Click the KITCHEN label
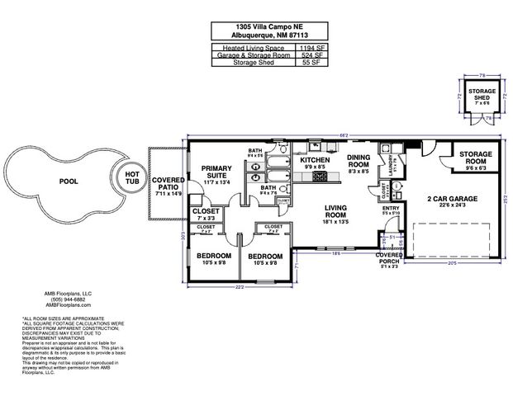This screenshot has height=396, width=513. (315, 159)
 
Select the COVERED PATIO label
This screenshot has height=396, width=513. (168, 183)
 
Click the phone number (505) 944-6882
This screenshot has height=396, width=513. (69, 298)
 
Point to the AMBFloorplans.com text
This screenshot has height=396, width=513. (69, 304)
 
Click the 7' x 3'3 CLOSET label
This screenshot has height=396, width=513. (205, 214)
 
